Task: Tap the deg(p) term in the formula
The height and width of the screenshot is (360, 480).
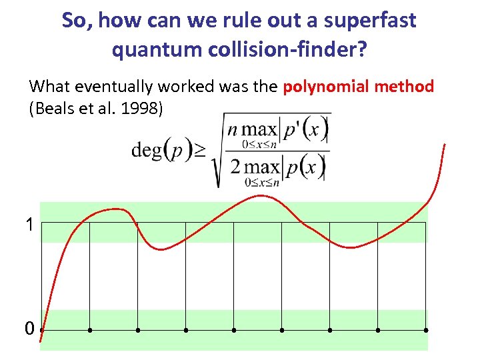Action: point(157,151)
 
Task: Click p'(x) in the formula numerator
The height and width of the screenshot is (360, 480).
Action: point(305,127)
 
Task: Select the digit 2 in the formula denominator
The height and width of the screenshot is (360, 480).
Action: point(235,165)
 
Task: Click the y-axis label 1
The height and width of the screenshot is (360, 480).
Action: point(29,225)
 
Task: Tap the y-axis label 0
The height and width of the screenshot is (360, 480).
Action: point(29,329)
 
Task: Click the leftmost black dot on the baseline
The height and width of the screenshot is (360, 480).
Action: point(42,329)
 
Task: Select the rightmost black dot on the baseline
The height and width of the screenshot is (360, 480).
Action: point(425,329)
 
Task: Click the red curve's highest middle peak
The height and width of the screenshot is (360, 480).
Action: point(260,195)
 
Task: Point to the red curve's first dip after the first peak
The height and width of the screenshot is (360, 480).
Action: point(161,249)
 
